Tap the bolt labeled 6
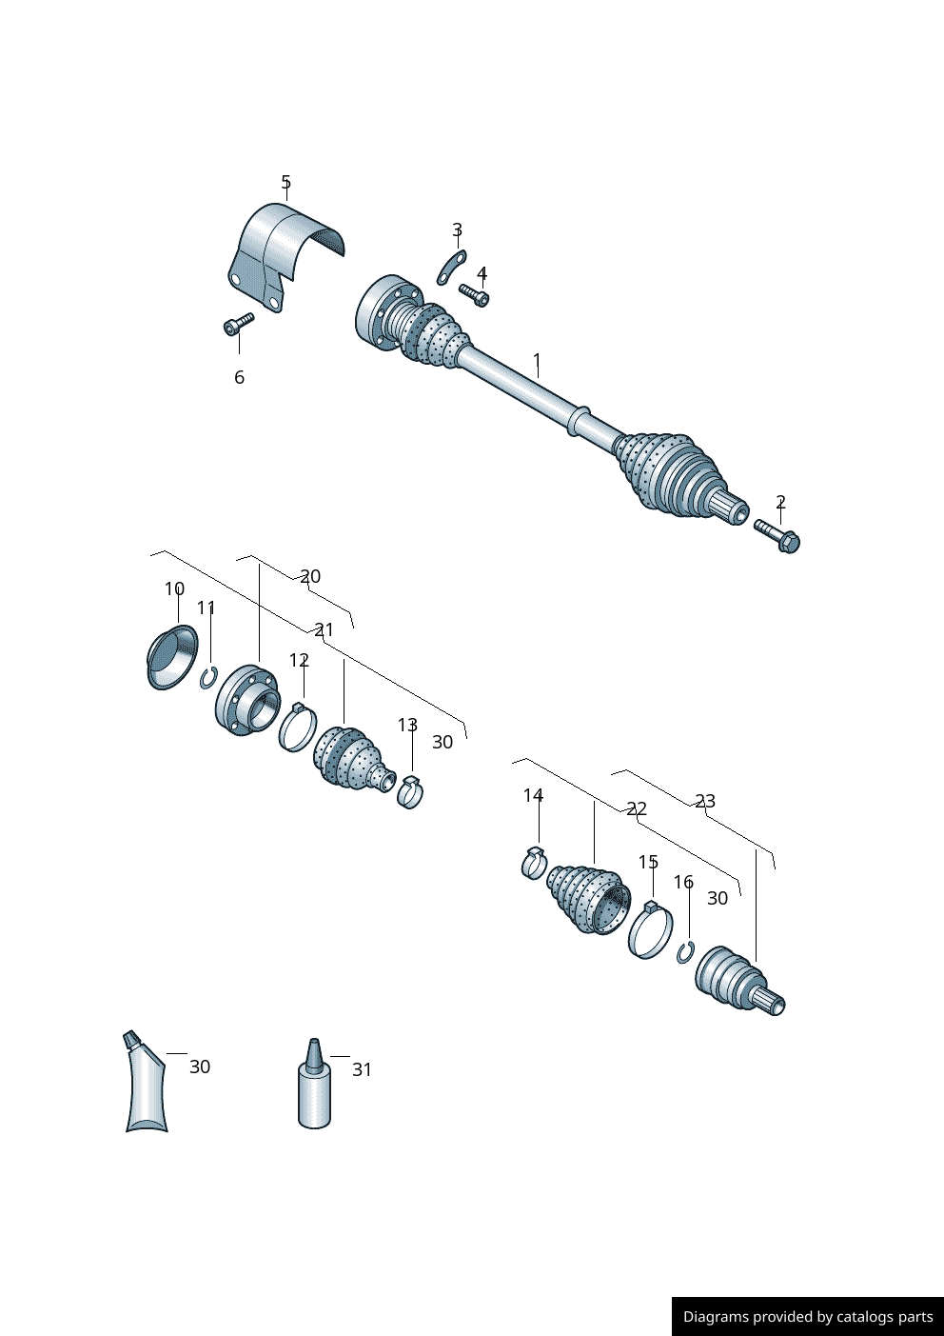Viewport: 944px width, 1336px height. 239,324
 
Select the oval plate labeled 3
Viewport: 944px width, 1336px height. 451,268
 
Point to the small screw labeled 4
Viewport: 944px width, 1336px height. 474,294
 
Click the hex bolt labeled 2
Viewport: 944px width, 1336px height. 777,535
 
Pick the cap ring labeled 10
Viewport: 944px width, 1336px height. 172,657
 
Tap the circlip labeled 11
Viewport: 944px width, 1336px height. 208,677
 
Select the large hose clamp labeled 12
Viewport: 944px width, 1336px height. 298,728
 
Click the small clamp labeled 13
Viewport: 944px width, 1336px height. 410,791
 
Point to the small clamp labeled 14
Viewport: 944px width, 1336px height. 534,863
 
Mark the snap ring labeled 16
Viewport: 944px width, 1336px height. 685,952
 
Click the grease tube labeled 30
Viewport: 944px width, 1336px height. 146,1082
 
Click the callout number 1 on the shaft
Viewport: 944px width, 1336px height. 537,360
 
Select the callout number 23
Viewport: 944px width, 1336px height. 705,801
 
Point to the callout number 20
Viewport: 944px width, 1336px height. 310,576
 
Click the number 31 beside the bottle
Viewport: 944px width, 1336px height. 363,1069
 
